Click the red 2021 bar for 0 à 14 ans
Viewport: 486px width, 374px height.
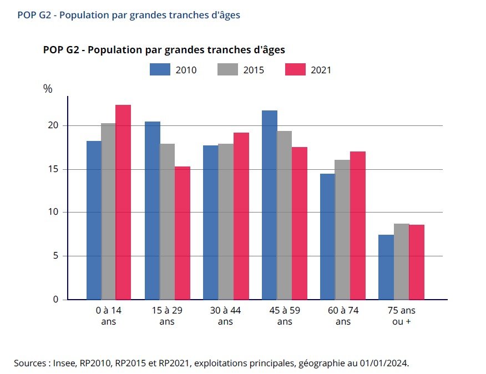click(123, 202)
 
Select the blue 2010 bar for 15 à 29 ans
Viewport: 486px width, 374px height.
click(152, 210)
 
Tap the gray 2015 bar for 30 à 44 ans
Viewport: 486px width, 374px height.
click(226, 221)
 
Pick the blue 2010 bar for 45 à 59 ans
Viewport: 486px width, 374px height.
click(270, 205)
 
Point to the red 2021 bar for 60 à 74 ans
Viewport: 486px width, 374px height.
click(358, 225)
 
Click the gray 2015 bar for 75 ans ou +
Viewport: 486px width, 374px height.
click(402, 261)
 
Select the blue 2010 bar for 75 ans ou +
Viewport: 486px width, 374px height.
click(386, 267)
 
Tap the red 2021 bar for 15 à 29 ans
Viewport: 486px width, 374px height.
click(182, 233)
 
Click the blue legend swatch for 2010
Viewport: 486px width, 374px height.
click(159, 70)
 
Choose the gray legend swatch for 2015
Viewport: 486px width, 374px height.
click(227, 70)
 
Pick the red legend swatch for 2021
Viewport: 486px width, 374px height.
click(295, 70)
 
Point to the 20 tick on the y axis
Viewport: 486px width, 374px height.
click(53, 125)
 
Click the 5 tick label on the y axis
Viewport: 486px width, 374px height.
click(55, 256)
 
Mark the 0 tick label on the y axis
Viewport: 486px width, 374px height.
click(55, 300)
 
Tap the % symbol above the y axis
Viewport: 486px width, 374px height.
click(48, 89)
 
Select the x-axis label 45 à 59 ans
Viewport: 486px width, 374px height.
click(284, 316)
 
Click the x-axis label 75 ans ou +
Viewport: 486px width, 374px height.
click(401, 316)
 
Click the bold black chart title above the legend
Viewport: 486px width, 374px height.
click(164, 50)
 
